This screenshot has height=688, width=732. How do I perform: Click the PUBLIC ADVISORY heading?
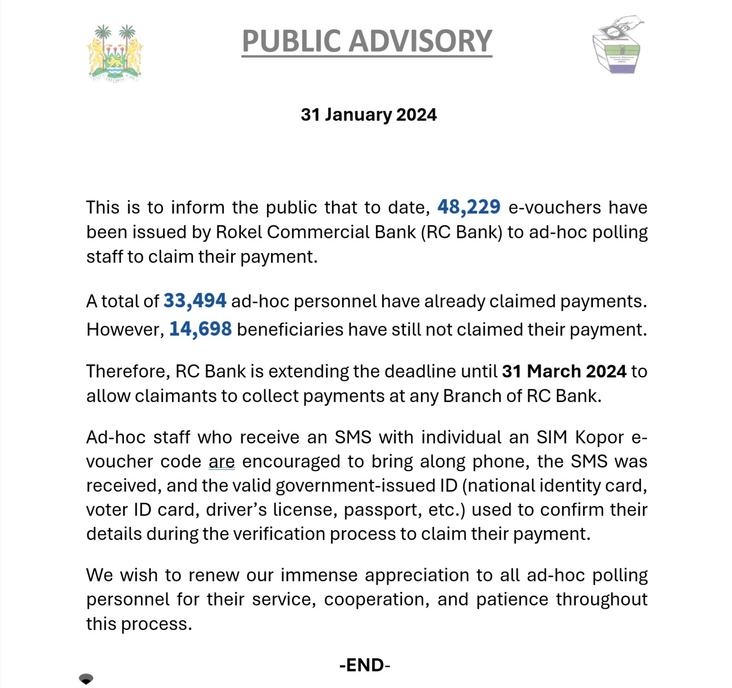click(367, 41)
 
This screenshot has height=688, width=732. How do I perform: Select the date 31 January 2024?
click(369, 115)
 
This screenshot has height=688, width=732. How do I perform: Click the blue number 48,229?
click(469, 207)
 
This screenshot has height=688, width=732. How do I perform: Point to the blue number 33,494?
click(195, 301)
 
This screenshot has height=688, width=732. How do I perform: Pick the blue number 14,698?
click(200, 329)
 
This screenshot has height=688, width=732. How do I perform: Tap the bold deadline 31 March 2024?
click(564, 371)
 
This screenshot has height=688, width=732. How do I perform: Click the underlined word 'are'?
click(222, 461)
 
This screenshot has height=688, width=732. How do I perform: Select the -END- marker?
click(365, 665)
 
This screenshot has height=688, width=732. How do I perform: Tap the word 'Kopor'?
click(599, 437)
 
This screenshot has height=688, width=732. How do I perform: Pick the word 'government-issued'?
click(366, 486)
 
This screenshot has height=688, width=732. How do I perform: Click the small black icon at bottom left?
click(86, 679)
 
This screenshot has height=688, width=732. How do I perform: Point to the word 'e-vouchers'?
click(554, 208)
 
